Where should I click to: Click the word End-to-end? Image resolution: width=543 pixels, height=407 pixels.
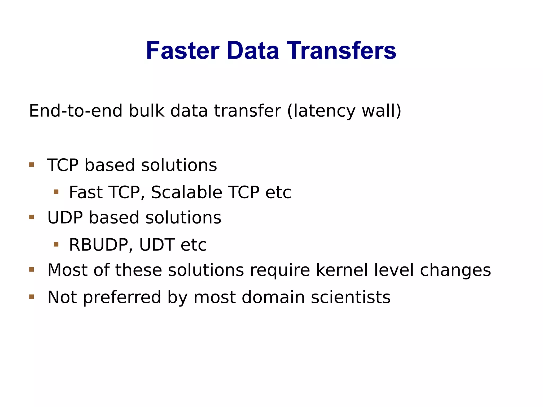[x=76, y=111]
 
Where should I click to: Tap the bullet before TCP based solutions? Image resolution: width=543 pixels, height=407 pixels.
[x=32, y=165]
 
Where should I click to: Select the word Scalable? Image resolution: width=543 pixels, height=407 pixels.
[x=186, y=192]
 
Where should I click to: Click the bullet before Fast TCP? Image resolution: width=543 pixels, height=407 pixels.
[x=56, y=192]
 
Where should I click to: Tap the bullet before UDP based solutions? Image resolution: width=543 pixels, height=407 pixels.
[x=32, y=217]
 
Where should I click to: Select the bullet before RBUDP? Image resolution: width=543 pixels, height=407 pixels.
[x=56, y=244]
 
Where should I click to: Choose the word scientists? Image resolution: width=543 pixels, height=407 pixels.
[x=351, y=297]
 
